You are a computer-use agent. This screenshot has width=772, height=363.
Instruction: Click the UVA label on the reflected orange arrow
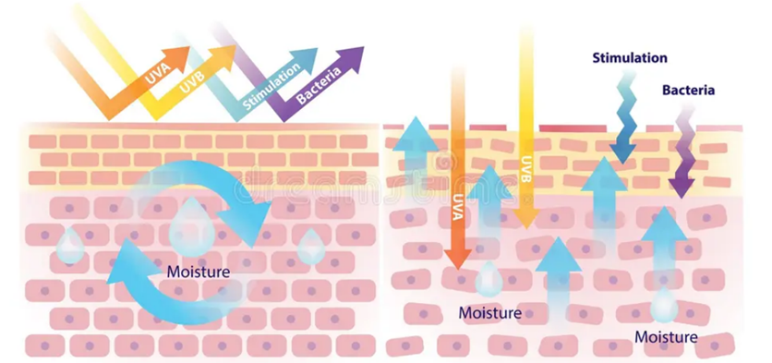pos(158,73)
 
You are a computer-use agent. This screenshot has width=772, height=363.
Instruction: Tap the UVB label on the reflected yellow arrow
pos(192,82)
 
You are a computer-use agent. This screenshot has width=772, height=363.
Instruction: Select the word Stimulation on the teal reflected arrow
pos(271,87)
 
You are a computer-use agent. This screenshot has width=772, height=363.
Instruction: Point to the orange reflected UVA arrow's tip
pos(189,48)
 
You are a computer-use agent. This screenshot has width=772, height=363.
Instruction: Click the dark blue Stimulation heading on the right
pos(630,58)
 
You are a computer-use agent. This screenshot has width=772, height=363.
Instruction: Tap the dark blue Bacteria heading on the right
pos(688,91)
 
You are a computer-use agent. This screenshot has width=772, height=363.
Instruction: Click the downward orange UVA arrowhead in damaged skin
pos(458,258)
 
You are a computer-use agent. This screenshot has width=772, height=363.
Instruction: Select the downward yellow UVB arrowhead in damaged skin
pos(526,218)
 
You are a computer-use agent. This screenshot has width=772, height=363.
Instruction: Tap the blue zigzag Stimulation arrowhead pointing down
pos(622,151)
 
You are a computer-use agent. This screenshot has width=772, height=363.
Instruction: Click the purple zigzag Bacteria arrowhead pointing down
pos(682,188)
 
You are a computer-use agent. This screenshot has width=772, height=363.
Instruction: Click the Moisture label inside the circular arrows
pos(199,272)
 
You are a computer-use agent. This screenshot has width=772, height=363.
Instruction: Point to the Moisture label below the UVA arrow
pos(489,313)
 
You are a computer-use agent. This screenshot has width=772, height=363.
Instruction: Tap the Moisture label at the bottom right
pos(666,337)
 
